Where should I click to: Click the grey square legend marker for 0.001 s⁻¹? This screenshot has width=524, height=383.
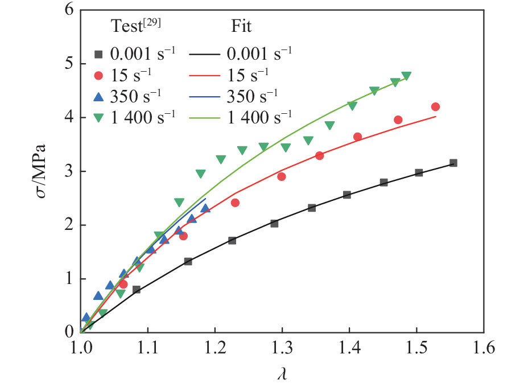coord(98,55)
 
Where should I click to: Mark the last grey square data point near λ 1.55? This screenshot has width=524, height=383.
coord(453,163)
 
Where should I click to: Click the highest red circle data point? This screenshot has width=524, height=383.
coord(436,107)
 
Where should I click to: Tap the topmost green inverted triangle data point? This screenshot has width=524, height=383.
coord(406,76)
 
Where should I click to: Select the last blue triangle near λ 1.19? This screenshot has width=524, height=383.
coord(205,208)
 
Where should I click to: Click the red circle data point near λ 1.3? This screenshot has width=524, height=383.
coord(282,176)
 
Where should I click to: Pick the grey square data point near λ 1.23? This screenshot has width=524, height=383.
coord(232,240)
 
